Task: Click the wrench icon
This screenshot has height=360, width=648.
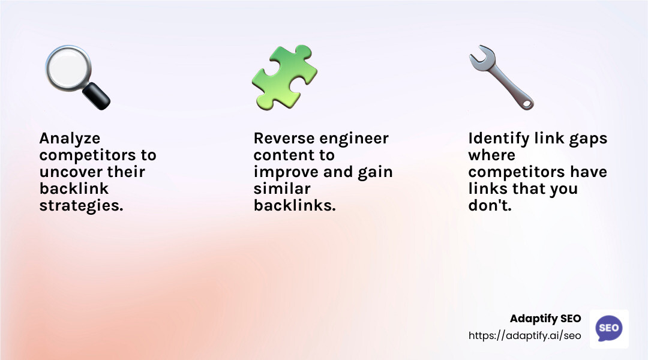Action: [500, 77]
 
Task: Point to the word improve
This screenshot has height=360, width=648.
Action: [285, 172]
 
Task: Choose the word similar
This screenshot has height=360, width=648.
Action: [281, 189]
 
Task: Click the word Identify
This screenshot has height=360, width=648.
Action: [497, 139]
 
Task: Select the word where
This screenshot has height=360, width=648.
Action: [492, 155]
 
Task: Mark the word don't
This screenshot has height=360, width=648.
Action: [490, 206]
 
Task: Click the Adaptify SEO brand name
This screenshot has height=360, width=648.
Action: [545, 319]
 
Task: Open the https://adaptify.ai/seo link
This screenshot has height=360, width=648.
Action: [525, 335]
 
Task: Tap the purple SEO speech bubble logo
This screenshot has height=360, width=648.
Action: [608, 328]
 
